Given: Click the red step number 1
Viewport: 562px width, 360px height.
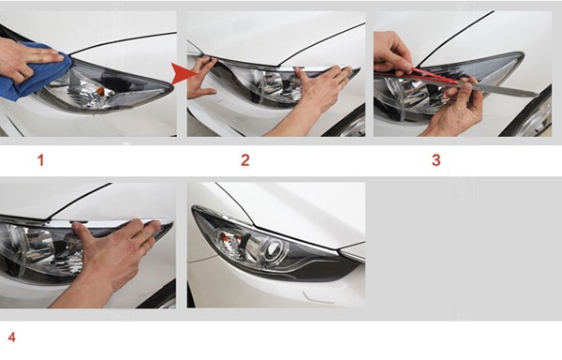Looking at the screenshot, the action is coord(41,160).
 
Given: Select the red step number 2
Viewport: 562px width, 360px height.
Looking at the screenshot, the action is coord(245,160).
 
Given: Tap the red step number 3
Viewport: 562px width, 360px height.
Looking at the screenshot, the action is coord(436,160).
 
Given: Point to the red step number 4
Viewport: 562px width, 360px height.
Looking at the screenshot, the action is coord(12,337).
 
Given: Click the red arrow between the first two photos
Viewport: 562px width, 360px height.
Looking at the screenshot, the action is coord(183,73).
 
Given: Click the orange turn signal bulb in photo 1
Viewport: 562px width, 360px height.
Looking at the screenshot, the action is coord(102,92).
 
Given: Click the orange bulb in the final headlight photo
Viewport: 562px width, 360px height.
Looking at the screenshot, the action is coord(226,236).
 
